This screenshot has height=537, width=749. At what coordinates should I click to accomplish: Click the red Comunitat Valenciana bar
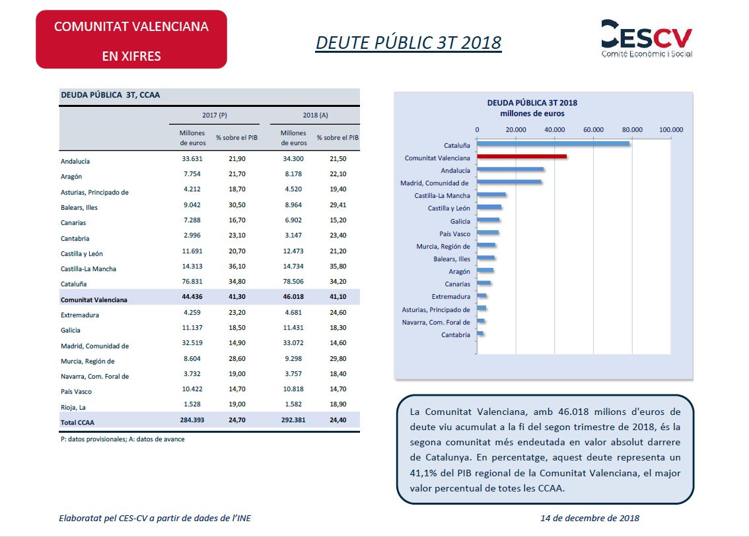coord(522,156)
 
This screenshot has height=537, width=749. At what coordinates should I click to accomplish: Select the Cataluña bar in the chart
coord(553,144)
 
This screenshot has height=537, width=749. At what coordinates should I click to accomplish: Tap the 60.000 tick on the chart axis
coord(593,130)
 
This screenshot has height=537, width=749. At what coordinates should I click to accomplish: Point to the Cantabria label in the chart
coord(456,334)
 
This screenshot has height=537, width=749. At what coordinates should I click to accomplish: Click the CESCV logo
coord(647,39)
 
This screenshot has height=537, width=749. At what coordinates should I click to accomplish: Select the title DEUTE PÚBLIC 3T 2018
coord(408,42)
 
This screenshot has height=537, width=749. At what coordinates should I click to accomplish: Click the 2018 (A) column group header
coord(315,115)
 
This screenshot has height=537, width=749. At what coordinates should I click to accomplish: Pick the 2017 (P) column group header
coord(215,115)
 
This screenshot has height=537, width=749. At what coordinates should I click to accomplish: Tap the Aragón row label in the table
coord(71,176)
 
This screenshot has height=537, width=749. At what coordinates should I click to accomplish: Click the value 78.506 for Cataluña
coord(293,282)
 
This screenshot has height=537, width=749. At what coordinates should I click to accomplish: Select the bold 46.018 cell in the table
coord(293,297)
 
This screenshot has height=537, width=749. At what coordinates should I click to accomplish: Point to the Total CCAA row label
coord(77,423)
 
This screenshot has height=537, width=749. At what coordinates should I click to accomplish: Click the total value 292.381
coord(293,420)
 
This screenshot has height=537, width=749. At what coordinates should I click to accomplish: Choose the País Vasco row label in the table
coord(76,392)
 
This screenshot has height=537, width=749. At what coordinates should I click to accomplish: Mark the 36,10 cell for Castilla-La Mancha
coord(237,266)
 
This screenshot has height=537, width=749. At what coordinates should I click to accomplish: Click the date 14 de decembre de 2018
coord(590,518)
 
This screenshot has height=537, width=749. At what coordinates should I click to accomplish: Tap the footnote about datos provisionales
coord(122,439)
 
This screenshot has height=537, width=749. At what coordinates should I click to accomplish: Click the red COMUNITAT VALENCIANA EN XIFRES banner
coord(131,40)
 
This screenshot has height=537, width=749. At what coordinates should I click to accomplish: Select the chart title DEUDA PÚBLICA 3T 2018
coord(532,102)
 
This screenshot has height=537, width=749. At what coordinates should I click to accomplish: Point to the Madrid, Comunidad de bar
coord(509,181)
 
